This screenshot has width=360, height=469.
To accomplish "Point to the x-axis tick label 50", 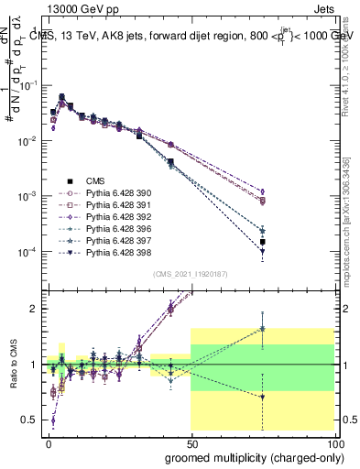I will click(191, 442).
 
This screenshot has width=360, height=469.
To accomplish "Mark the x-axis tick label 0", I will click(49, 442).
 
